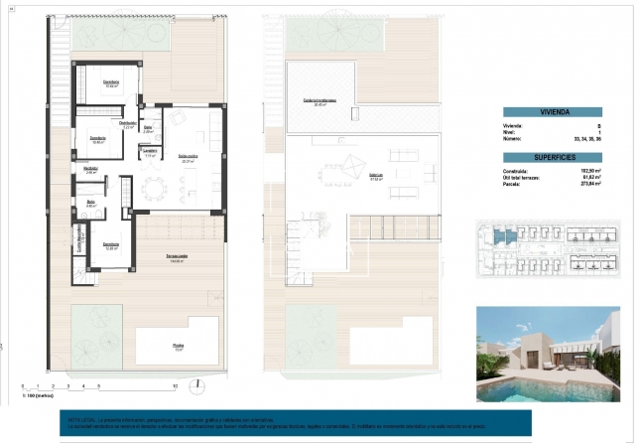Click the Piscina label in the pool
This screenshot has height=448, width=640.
click(179, 346)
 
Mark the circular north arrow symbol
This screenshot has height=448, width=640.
click(198, 383)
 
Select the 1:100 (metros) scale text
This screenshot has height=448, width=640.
click(37, 395)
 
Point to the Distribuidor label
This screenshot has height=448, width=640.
click(127, 123)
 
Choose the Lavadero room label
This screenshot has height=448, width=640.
click(151, 152)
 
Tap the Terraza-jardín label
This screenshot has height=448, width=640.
click(179, 257)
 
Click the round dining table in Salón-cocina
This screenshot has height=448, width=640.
click(152, 187)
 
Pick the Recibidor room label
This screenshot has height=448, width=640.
click(90, 170)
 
